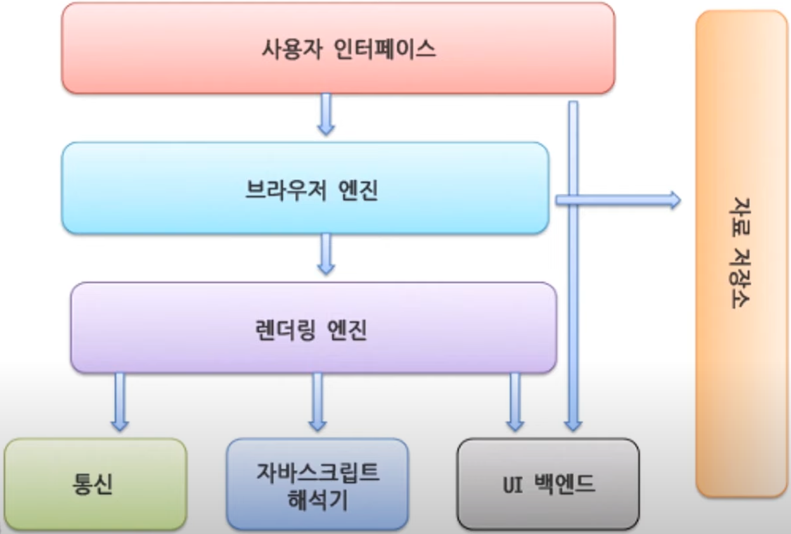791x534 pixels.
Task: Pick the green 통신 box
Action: pos(95,484)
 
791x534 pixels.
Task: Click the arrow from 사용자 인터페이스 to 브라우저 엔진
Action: pos(326,114)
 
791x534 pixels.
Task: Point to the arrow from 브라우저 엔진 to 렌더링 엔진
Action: pos(326,253)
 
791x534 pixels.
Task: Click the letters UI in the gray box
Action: pos(512,484)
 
